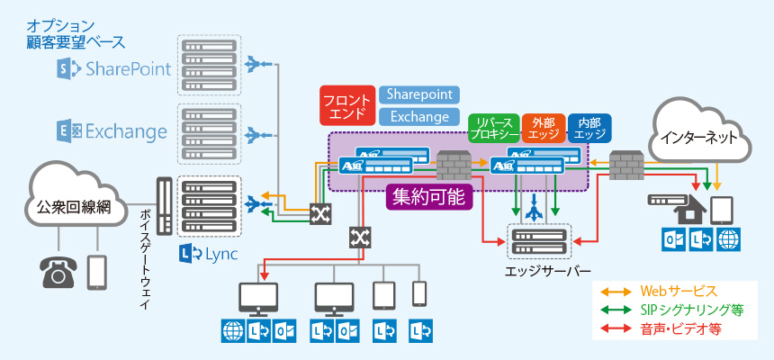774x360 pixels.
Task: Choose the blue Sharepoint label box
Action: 418,94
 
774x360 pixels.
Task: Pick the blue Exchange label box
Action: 418,116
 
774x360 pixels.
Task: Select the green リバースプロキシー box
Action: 493,129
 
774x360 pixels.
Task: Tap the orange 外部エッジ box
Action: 544,129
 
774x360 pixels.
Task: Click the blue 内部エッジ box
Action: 589,129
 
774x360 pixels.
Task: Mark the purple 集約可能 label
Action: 429,196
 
